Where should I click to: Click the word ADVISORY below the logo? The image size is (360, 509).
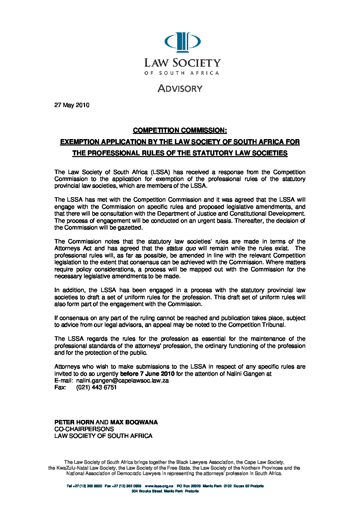[x=180, y=88]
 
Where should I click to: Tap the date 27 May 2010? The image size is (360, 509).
[x=72, y=105]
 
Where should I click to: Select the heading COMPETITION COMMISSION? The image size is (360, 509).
[x=180, y=130]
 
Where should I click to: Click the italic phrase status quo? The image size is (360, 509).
[x=181, y=249]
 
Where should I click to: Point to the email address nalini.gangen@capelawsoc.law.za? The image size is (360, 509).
[x=122, y=380]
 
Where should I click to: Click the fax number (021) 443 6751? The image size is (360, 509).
[x=96, y=387]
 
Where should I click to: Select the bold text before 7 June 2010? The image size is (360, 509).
[x=147, y=374]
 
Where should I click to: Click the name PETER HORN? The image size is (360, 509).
[x=74, y=422]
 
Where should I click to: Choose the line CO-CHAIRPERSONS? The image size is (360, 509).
[x=84, y=429]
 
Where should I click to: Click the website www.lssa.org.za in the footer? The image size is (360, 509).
[x=159, y=486]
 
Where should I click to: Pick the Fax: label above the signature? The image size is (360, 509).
[x=60, y=387]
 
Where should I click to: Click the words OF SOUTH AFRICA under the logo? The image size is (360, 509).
[x=182, y=73]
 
